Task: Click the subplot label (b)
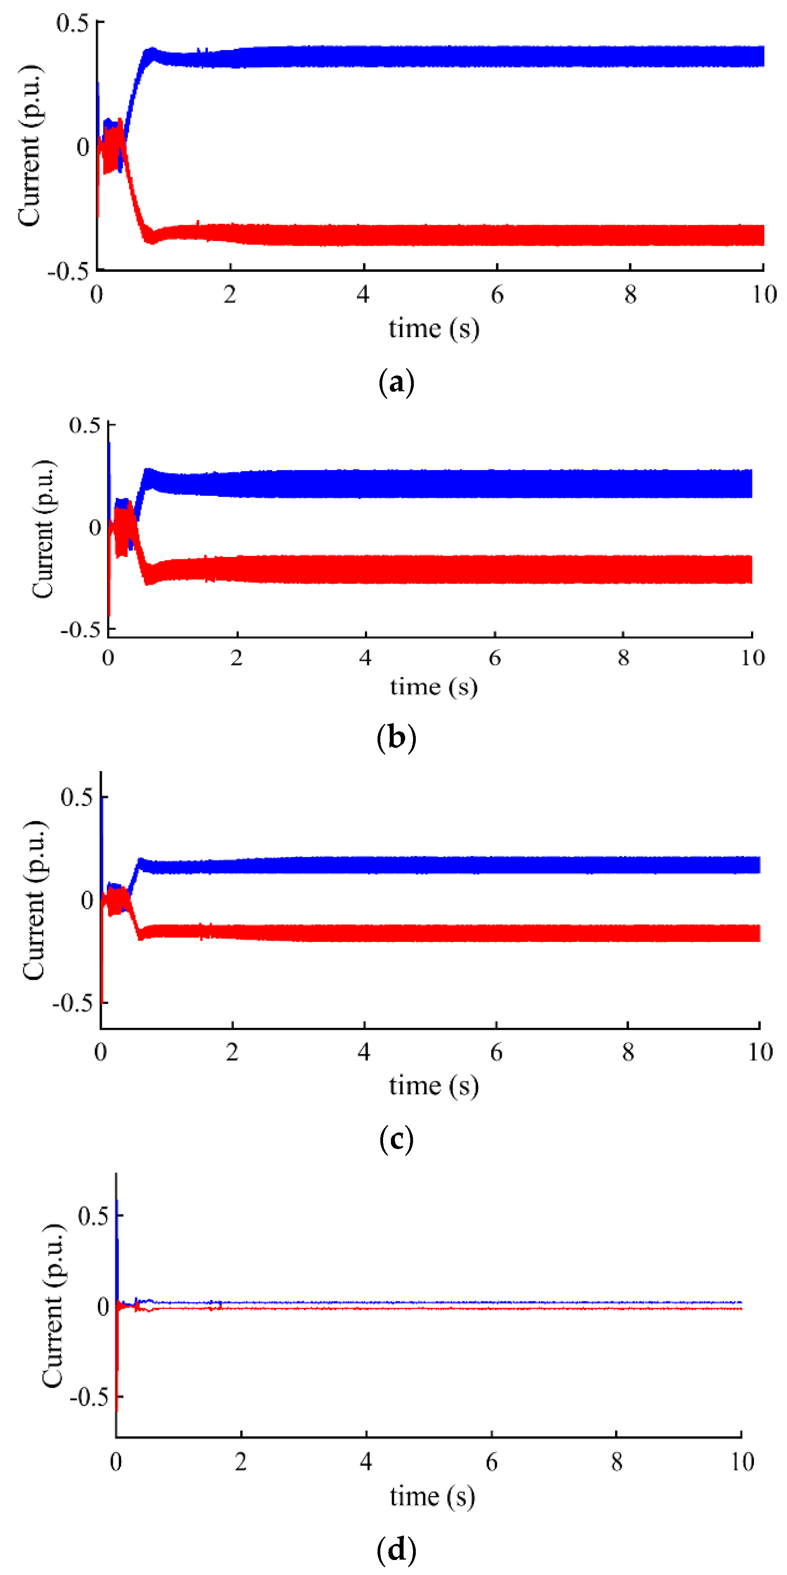[396, 738]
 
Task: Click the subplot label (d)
[396, 1549]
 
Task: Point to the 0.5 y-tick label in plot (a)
[72, 23]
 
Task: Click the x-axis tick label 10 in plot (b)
[753, 658]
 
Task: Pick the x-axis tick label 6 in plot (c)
[496, 1052]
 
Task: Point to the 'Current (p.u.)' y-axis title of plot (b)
[43, 529]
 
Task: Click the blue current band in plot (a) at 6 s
[497, 56]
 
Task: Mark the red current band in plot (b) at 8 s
[623, 569]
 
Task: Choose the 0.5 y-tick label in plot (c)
[77, 797]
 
